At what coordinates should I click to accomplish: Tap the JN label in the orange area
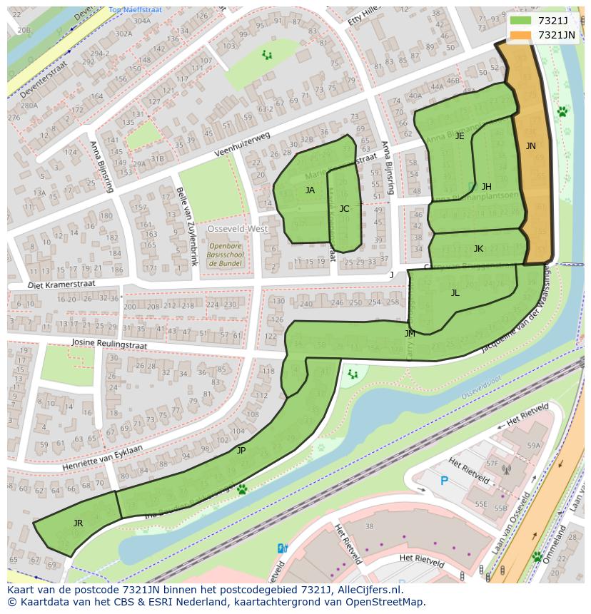click(530, 146)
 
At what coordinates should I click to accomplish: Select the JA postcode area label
click(310, 190)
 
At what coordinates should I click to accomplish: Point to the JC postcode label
click(344, 209)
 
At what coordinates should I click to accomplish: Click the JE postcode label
click(460, 136)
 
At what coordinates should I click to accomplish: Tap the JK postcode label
click(478, 249)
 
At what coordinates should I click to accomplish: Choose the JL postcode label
click(455, 293)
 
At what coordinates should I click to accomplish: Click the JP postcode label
click(241, 451)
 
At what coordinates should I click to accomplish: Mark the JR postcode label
click(78, 523)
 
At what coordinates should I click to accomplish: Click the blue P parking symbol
click(444, 481)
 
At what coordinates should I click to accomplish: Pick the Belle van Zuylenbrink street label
click(185, 226)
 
